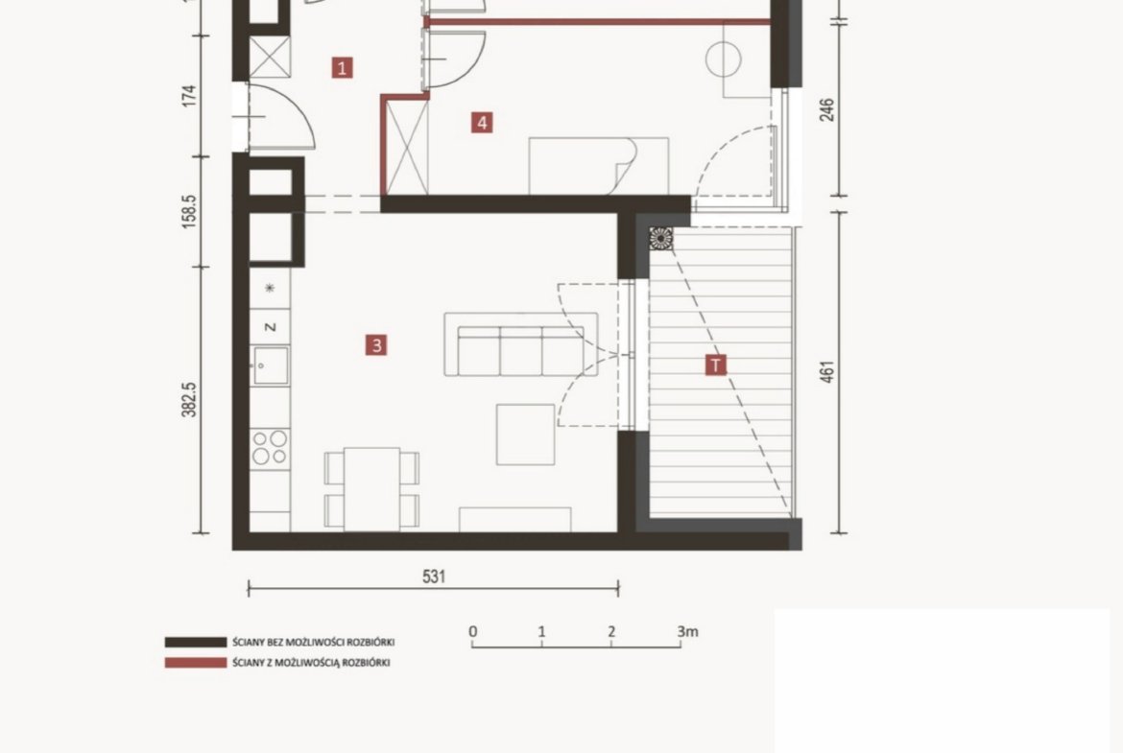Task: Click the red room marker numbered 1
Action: tap(343, 68)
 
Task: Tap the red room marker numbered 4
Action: tap(482, 123)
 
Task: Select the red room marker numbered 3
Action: tap(376, 345)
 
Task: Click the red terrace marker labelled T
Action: tap(715, 365)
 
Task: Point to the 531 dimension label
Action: tap(434, 577)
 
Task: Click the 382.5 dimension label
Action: tap(189, 399)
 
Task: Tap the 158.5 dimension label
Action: tap(189, 211)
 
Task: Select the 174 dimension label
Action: tap(189, 96)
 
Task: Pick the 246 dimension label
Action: tap(826, 109)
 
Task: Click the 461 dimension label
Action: tap(826, 372)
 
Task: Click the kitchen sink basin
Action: tap(271, 365)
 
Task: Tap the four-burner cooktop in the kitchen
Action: tap(270, 447)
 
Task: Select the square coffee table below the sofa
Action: tap(526, 435)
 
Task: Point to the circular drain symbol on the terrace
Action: tap(661, 238)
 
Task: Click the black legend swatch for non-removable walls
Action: tap(196, 643)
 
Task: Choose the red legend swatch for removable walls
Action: tap(196, 663)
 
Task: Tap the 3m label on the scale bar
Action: tap(687, 632)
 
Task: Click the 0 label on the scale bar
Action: tap(472, 632)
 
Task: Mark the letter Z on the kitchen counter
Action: tap(270, 327)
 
